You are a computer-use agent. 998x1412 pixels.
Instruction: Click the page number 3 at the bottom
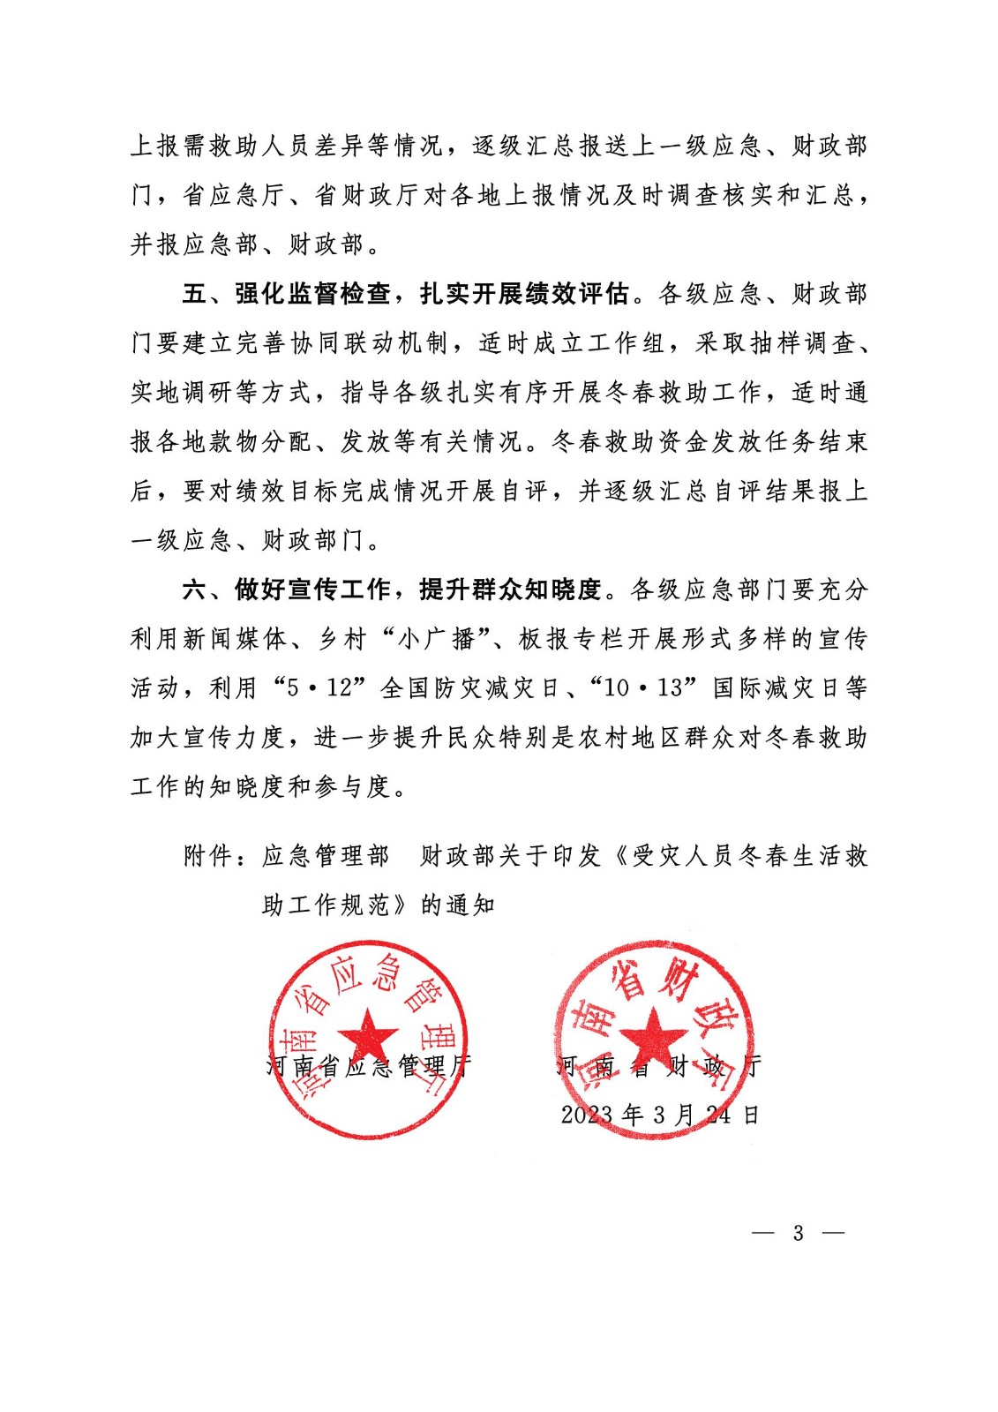[x=799, y=1233]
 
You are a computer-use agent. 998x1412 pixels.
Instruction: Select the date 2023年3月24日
[x=659, y=1115]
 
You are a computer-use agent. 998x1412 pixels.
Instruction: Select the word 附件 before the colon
[x=208, y=856]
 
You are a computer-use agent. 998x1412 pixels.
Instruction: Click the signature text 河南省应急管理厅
[x=368, y=1066]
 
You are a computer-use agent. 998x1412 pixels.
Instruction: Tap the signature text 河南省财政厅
[x=658, y=1066]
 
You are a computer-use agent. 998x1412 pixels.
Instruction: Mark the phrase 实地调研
[x=182, y=392]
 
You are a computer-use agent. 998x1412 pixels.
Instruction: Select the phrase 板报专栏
[x=571, y=639]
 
